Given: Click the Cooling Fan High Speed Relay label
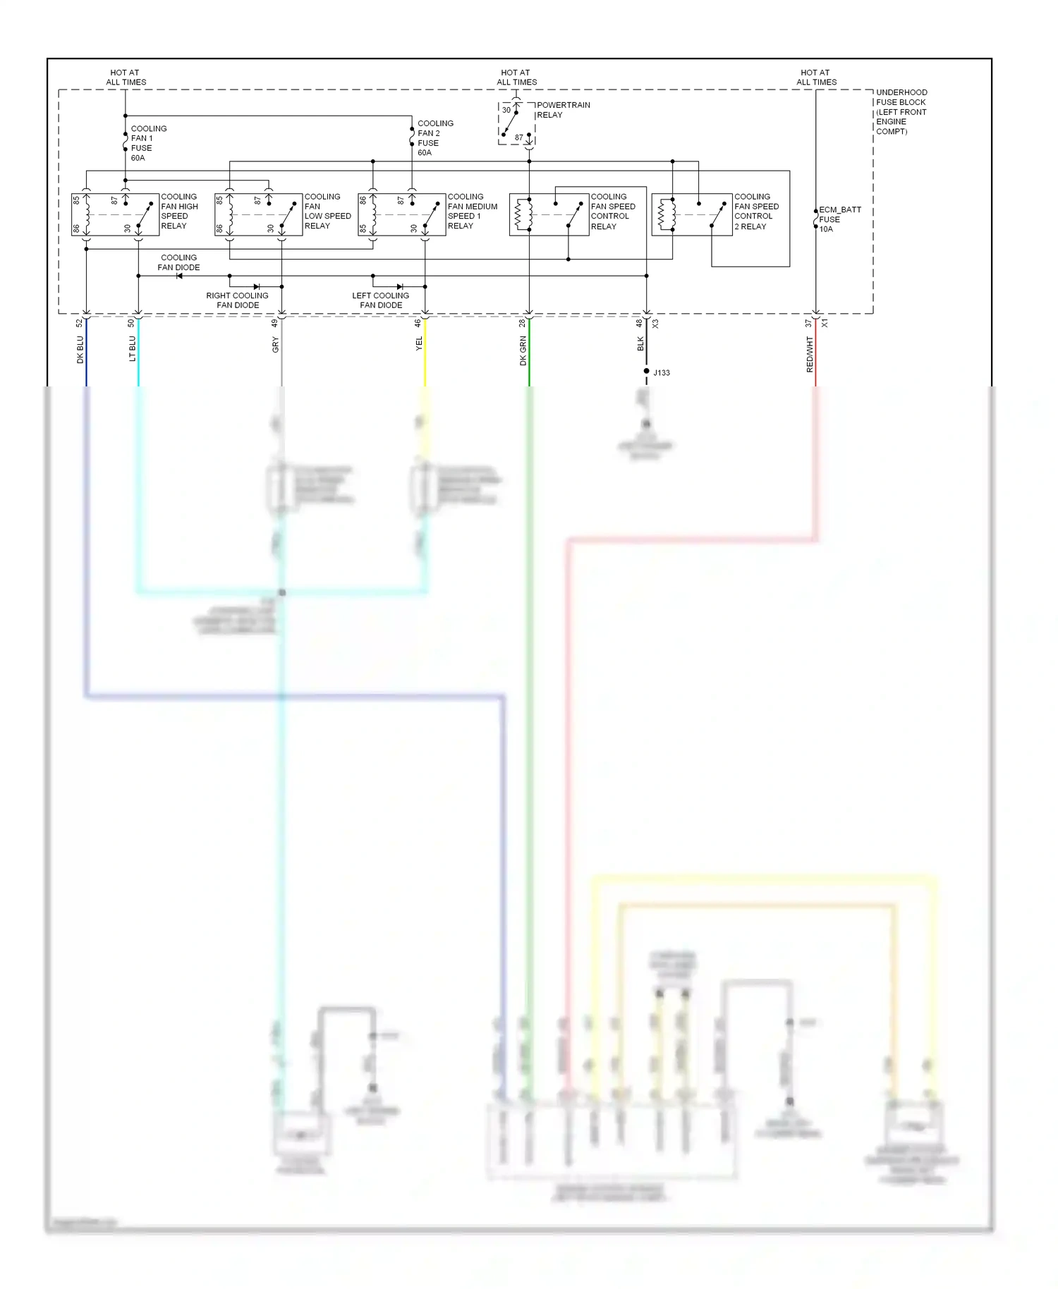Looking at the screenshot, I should pyautogui.click(x=179, y=212).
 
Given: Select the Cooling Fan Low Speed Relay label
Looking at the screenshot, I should pyautogui.click(x=327, y=212).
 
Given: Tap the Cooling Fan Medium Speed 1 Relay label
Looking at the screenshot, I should pyautogui.click(x=472, y=212).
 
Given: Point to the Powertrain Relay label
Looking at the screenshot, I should pyautogui.click(x=563, y=110).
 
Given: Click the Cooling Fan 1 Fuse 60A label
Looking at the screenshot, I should pyautogui.click(x=148, y=143).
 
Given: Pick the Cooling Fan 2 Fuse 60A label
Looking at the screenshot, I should pyautogui.click(x=434, y=138).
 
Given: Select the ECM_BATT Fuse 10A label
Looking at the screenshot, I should pyautogui.click(x=839, y=219).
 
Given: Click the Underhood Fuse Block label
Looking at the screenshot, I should pyautogui.click(x=901, y=111).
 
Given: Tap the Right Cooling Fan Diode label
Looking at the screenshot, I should pyautogui.click(x=237, y=300).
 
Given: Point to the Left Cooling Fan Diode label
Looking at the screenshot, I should pyautogui.click(x=380, y=300).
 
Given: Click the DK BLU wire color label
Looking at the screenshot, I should pyautogui.click(x=80, y=350).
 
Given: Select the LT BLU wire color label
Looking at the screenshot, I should pyautogui.click(x=133, y=349).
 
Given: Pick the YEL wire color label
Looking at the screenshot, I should pyautogui.click(x=419, y=343).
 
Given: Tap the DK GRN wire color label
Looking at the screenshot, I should pyautogui.click(x=523, y=350).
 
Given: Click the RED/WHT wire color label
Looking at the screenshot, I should pyautogui.click(x=810, y=355).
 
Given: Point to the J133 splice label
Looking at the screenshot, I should pyautogui.click(x=662, y=373).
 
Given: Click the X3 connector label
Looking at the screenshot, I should pyautogui.click(x=655, y=324).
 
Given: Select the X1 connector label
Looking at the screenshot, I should pyautogui.click(x=825, y=323).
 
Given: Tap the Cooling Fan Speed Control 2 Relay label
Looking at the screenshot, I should pyautogui.click(x=756, y=212).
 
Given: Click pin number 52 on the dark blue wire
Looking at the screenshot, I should pyautogui.click(x=80, y=323).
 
